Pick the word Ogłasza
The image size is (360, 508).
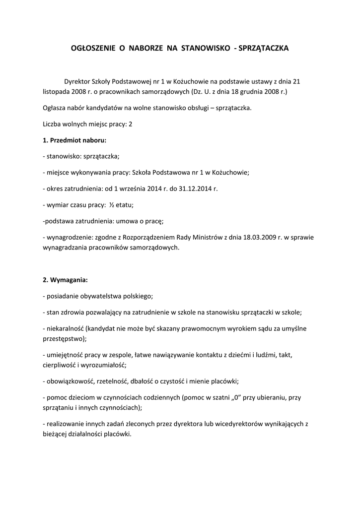tap(55, 108)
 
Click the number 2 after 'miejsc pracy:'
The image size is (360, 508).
tap(131, 124)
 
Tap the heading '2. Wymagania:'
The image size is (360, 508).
tap(66, 280)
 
